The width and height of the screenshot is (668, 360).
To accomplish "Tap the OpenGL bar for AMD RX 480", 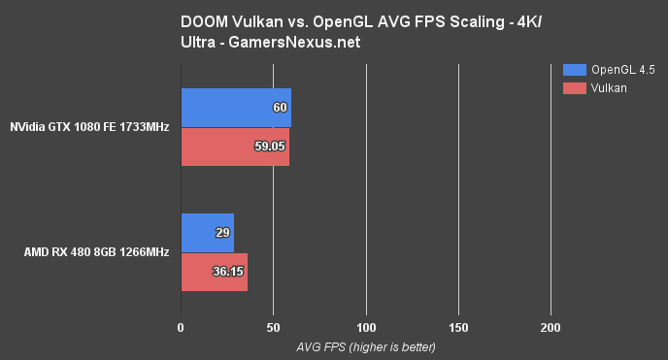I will click(207, 233).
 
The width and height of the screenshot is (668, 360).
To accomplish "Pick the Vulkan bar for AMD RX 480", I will click(214, 272).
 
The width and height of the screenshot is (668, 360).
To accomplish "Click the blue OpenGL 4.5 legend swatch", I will click(574, 70).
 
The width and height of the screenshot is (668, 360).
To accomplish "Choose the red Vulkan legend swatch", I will click(574, 87).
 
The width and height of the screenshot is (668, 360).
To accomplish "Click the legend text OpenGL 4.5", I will click(623, 70).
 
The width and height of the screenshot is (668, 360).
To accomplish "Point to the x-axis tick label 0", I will click(181, 329).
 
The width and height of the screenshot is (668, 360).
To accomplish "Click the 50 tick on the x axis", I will click(274, 329).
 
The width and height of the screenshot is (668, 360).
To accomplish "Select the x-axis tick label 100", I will click(366, 329).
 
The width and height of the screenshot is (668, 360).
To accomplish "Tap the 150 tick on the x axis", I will click(458, 329).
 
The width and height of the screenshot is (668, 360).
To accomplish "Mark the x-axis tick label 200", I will click(551, 329).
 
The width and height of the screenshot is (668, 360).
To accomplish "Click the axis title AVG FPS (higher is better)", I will click(366, 346).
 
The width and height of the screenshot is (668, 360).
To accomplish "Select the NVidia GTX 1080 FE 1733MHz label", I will click(90, 127).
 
